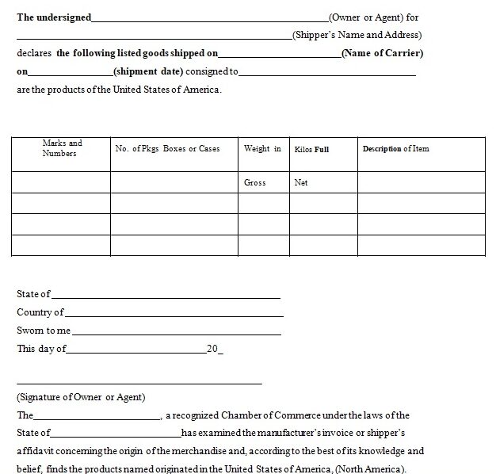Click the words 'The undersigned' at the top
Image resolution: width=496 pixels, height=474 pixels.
54,17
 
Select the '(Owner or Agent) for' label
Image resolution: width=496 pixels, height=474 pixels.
373,17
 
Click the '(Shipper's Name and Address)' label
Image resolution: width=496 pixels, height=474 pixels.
357,35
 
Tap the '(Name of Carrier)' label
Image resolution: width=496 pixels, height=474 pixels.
382,53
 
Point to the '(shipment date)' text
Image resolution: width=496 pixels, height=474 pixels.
149,71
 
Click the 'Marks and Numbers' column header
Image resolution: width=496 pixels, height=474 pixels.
61,148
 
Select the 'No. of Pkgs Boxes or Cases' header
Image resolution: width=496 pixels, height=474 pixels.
167,148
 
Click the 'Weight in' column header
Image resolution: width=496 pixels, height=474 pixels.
262,148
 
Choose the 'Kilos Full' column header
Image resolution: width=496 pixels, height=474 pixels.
311,149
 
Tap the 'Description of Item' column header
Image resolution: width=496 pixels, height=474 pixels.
395,148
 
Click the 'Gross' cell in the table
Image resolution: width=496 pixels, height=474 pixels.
255,182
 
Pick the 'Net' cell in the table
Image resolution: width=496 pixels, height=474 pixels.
301,182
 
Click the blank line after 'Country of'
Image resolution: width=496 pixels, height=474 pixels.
174,315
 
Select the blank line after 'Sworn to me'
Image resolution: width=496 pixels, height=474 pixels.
177,333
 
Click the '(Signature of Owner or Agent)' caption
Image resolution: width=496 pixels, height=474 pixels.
81,397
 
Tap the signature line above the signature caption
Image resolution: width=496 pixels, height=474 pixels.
139,384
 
